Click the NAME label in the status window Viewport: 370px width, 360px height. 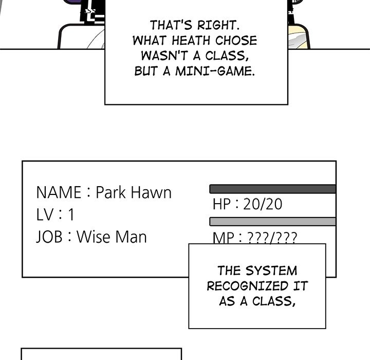pos(59,193)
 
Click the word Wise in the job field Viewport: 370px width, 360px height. pos(96,237)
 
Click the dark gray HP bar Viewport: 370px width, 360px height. pos(272,189)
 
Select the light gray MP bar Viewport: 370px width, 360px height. pos(272,222)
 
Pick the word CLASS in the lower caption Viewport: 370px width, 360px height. pos(275,301)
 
